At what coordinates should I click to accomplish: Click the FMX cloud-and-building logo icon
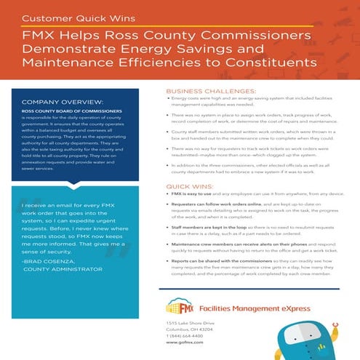(x=180, y=305)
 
